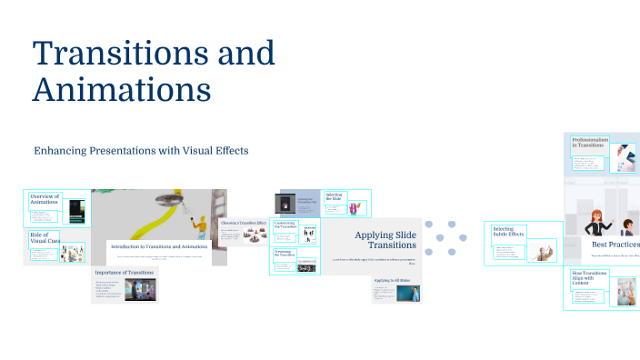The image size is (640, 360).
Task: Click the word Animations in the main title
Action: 122,89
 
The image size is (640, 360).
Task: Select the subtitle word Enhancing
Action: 65,150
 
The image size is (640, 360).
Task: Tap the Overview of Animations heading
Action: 45,200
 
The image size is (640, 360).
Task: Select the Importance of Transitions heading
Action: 125,272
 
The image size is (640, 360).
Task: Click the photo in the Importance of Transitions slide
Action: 138,290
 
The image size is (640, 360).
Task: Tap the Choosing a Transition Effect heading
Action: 243,222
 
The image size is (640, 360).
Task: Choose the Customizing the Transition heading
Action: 285,225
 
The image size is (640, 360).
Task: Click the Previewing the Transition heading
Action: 285,255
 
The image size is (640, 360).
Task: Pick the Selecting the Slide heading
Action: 334,195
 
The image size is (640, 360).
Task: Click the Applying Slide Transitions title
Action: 385,240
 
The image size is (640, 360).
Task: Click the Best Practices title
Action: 615,244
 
